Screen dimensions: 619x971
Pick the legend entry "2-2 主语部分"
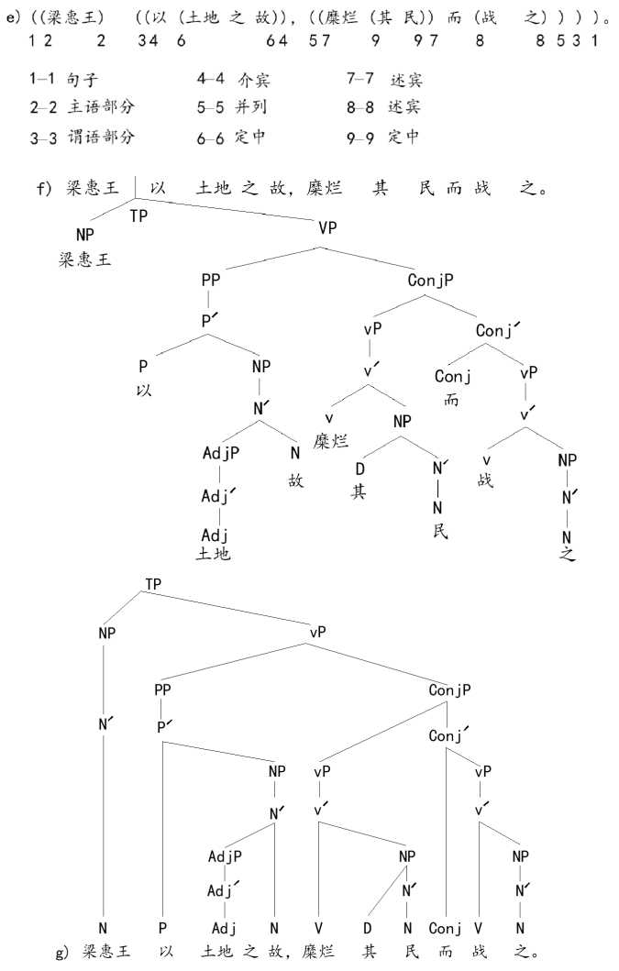(x=81, y=107)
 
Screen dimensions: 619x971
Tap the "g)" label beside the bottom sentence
(x=61, y=954)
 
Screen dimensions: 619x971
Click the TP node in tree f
(x=138, y=216)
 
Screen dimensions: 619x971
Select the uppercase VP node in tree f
(x=328, y=227)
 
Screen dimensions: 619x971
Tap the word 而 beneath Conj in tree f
(x=452, y=400)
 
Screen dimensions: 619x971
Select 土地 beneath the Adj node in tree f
(x=214, y=554)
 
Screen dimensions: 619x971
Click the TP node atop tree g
(x=155, y=585)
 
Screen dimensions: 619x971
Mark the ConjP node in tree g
(x=449, y=689)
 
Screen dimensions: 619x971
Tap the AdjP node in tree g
(x=224, y=856)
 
